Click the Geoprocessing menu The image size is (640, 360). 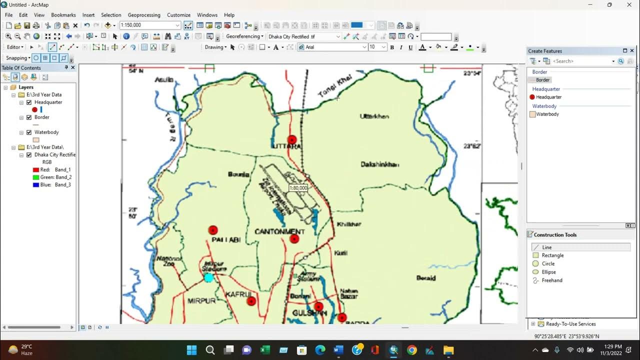144,15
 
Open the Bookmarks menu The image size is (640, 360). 63,15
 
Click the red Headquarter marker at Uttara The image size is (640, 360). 292,139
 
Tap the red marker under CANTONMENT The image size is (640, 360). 294,239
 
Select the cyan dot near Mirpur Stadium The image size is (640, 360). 208,277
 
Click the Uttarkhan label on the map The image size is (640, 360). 374,116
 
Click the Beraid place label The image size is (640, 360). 426,278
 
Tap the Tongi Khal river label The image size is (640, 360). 335,86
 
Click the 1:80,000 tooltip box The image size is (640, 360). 298,188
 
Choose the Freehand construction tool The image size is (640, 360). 552,280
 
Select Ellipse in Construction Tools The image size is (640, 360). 548,272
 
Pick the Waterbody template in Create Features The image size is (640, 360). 547,114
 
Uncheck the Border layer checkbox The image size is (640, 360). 29,117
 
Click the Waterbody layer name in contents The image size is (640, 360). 46,132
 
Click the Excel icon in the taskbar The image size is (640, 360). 265,350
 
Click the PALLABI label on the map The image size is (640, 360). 226,240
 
